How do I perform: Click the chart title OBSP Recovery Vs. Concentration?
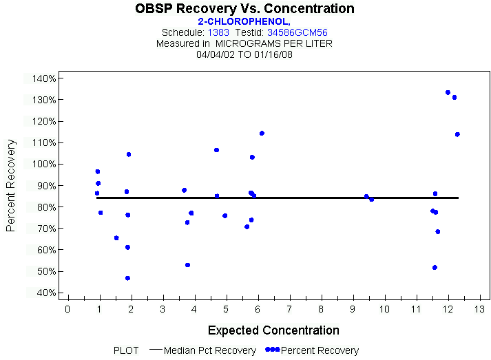coord(244,9)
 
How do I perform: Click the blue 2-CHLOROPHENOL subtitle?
coord(244,21)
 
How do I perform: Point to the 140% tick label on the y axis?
coord(43,78)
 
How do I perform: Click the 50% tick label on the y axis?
coord(45,271)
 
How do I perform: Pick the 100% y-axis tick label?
coord(43,164)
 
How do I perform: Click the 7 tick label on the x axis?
coord(289,309)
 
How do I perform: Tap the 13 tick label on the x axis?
coord(479,309)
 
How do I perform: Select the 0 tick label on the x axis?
coord(67,309)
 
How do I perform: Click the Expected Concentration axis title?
coord(273,330)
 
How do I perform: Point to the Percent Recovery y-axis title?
coord(11,185)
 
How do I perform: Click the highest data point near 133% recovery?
coord(448,92)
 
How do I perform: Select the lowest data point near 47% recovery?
coord(127,278)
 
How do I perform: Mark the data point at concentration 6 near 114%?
coord(262,134)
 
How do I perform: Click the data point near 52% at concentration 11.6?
coord(435,267)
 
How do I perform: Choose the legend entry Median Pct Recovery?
coord(209,350)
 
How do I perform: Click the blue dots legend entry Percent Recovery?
coord(313,350)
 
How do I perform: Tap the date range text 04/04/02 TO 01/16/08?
coord(244,54)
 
